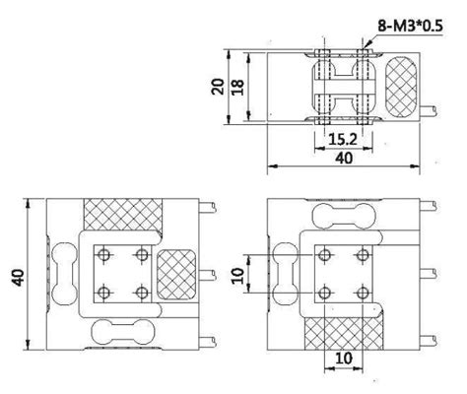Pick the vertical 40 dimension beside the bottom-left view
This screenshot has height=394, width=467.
coord(17,278)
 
